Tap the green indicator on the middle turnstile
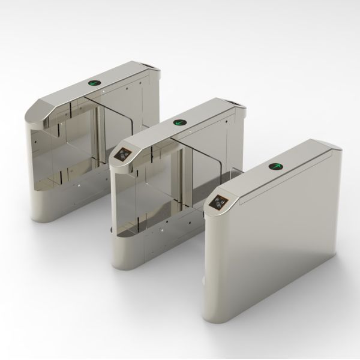coord(178,123)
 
